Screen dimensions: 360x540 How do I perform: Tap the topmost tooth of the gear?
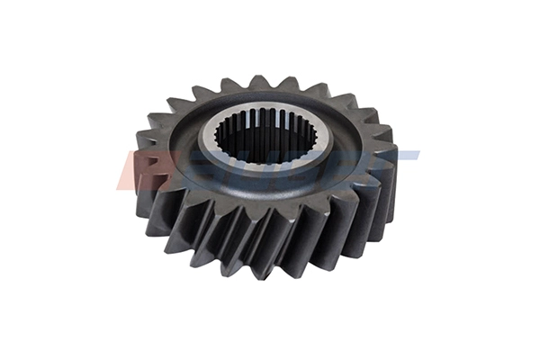[260, 82]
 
